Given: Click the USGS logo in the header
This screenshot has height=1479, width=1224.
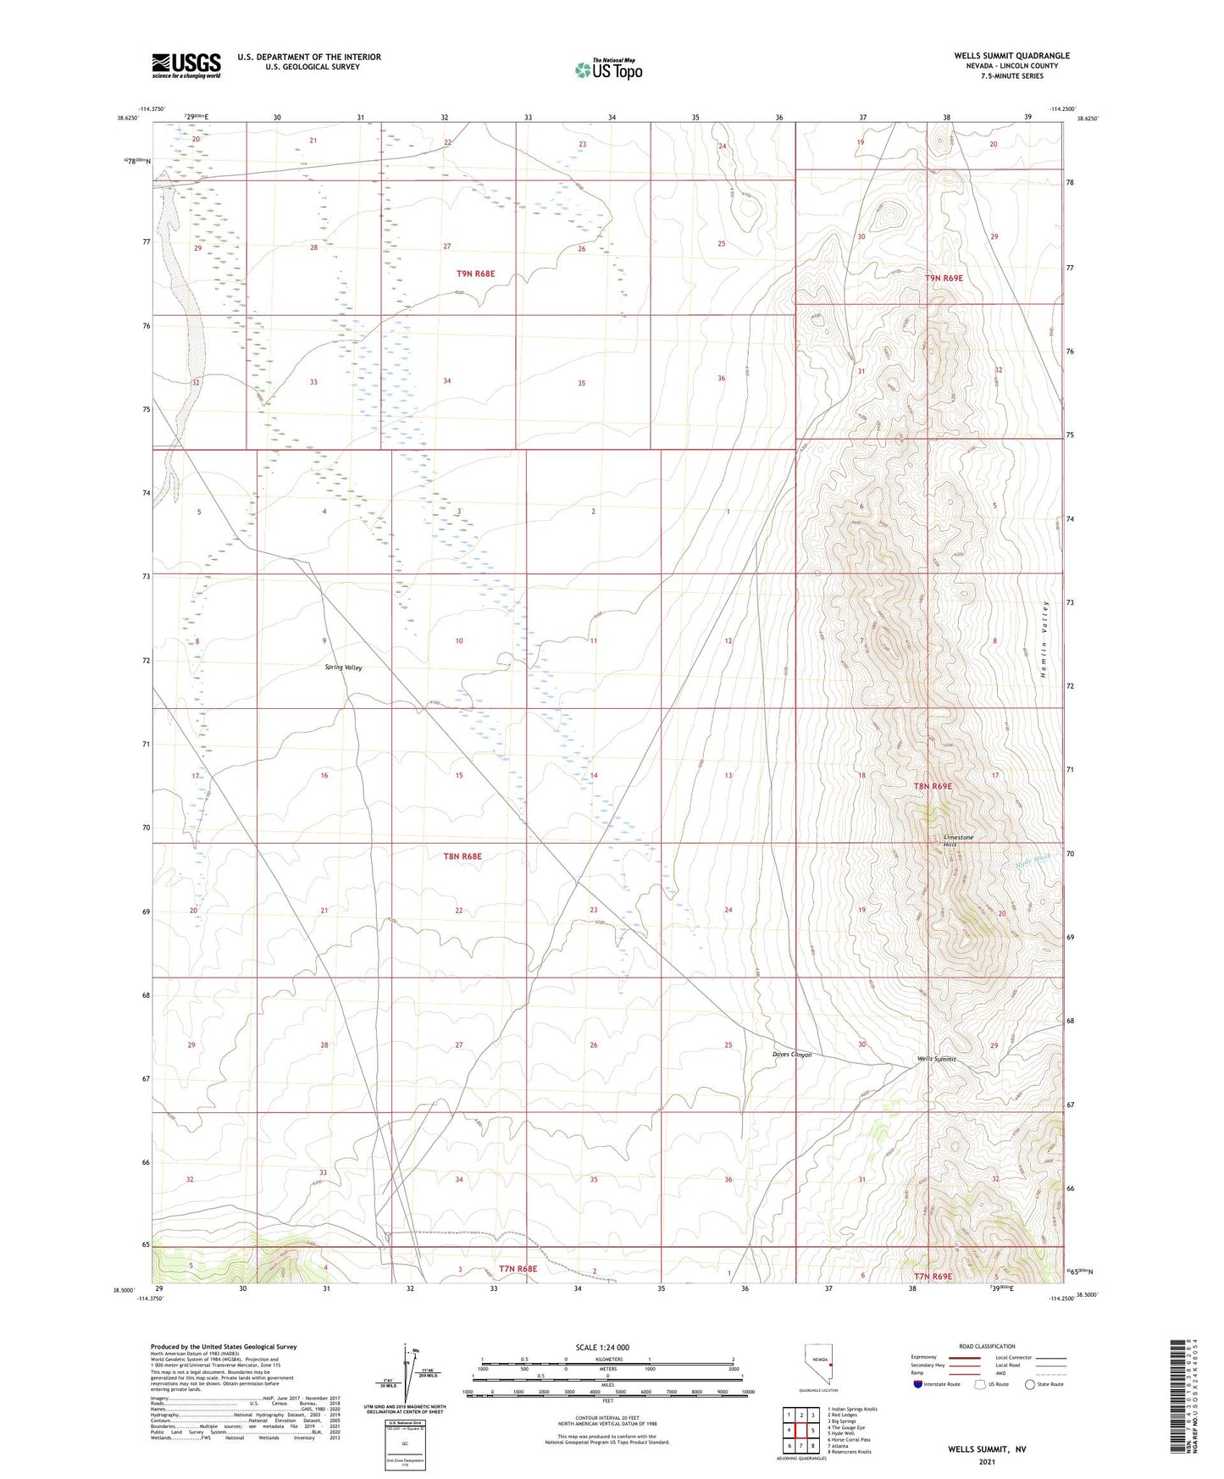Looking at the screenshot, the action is (186, 64).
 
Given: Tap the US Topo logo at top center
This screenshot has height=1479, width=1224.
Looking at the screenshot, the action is (607, 69).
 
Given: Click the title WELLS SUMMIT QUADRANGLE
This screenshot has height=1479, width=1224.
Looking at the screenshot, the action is (1011, 56).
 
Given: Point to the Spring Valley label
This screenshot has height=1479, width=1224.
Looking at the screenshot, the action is (344, 667).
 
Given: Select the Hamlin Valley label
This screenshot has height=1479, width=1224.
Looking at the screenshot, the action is (1047, 631).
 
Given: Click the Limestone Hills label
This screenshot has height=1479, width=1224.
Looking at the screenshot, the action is (958, 841).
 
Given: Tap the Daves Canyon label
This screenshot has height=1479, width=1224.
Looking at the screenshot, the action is (792, 1055).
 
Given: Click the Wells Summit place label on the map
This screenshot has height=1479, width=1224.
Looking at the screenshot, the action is (936, 1059).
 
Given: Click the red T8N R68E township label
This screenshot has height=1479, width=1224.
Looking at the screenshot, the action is (462, 856).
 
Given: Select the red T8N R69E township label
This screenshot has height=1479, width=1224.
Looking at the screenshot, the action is (933, 786).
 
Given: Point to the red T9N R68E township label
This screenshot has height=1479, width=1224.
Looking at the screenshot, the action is (475, 274).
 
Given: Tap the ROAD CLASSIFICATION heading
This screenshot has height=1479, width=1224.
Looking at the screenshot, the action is (987, 1346).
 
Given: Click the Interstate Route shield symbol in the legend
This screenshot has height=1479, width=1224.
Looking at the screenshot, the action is (917, 1384).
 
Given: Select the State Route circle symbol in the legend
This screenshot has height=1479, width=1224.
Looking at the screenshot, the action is (1029, 1384).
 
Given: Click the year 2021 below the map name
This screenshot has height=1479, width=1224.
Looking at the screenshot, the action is (986, 1461).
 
